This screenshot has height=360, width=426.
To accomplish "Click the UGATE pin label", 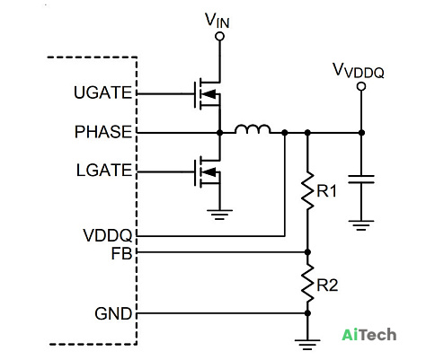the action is tap(102, 92).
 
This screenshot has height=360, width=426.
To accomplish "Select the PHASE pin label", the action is tap(103, 132).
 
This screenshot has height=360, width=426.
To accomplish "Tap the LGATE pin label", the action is tap(104, 171).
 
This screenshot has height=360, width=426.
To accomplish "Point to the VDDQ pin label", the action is tap(108, 235).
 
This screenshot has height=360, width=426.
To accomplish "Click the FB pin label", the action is tap(121, 253).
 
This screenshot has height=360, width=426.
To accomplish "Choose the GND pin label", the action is tap(113, 314).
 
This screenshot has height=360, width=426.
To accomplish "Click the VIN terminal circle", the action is tap(219, 36).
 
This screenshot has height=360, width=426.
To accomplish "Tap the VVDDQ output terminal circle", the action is tap(361, 86).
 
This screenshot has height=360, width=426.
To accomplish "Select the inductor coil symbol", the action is tap(253, 129).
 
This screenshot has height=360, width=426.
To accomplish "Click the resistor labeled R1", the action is tap(307, 190).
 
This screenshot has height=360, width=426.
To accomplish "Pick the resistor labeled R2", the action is tap(307, 283).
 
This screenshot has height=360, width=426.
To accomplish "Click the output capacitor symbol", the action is tap(361, 180).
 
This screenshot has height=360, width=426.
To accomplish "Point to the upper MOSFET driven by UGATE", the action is tap(208, 94).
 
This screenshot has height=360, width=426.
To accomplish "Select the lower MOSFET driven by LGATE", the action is tap(208, 172).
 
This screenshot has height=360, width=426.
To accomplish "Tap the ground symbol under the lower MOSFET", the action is tap(219, 215).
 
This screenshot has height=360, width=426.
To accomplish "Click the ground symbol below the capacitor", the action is tap(361, 225).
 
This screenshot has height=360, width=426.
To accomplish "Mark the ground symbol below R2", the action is tap(307, 345).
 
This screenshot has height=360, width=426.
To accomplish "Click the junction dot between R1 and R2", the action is tap(307, 252).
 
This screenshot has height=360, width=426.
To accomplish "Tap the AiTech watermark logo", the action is tap(369, 334).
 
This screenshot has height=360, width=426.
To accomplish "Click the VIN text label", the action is tap(217, 21).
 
